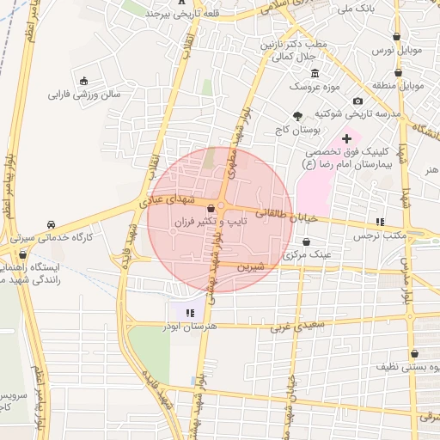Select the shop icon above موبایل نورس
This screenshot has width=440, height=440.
point(396,37)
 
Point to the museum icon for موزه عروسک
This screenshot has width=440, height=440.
point(315,73)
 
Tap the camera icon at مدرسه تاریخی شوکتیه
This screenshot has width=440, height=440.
point(357,101)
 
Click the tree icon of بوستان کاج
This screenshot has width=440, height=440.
point(298,116)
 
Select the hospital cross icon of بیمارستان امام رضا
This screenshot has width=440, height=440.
point(347,138)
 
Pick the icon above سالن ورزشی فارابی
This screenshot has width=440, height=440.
point(84,80)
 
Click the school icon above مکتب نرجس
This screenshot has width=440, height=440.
point(380,222)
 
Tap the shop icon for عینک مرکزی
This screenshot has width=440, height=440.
point(307,242)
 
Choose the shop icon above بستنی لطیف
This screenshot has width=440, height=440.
point(414,353)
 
